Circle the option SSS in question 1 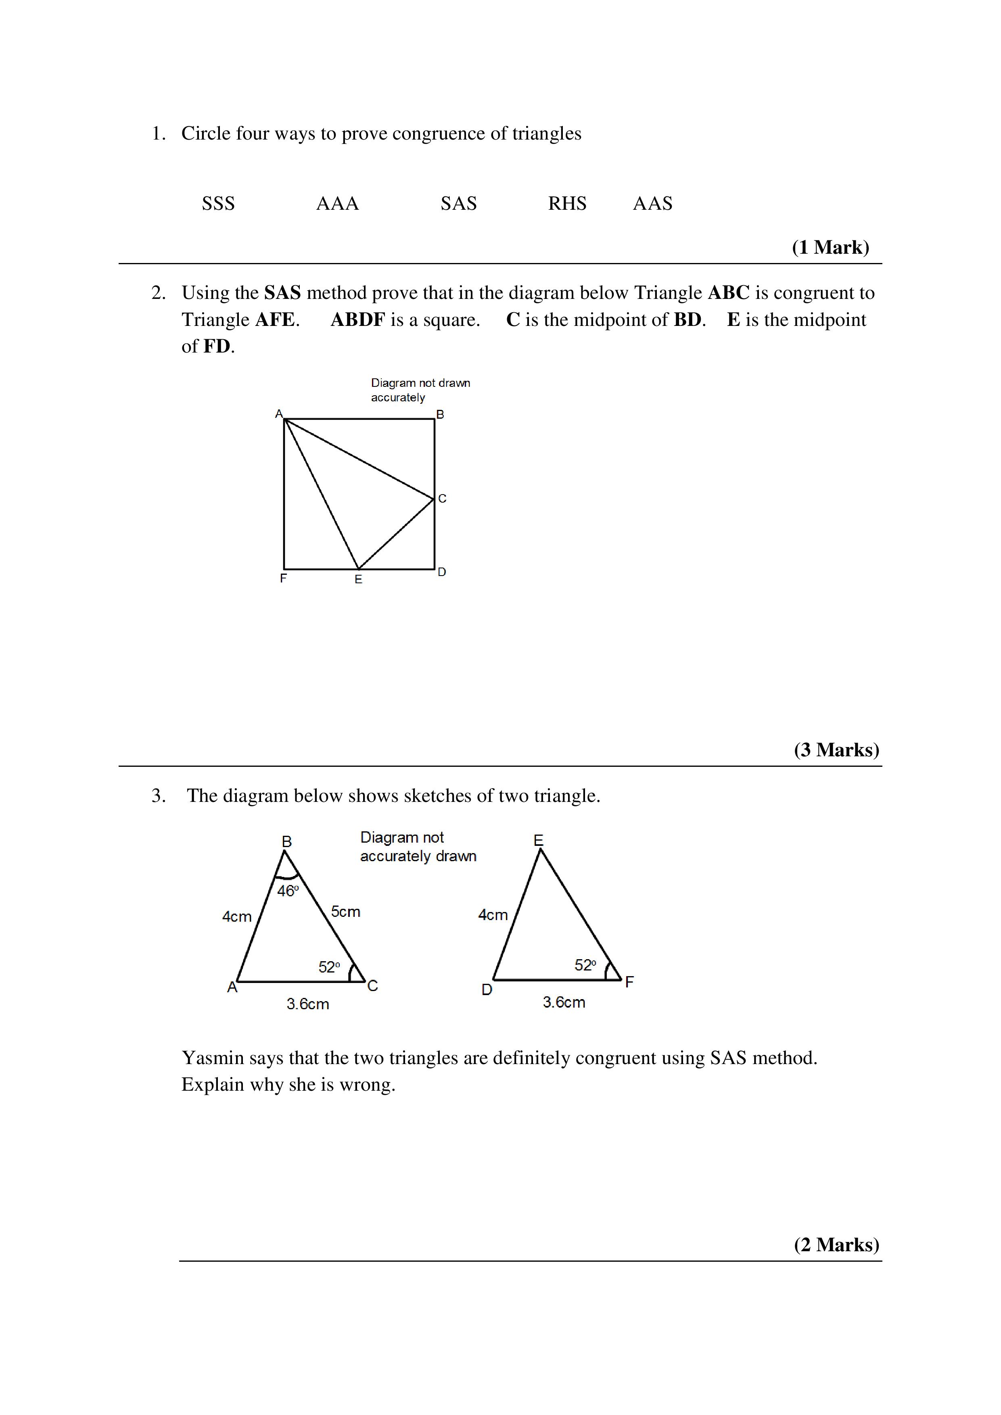click(x=218, y=203)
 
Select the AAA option click(x=337, y=203)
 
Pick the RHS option click(x=567, y=203)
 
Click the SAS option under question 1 click(x=459, y=203)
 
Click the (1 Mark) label click(x=830, y=247)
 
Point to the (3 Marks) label click(x=836, y=749)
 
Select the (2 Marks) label click(x=836, y=1244)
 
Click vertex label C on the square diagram click(x=442, y=498)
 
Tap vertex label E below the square click(x=358, y=579)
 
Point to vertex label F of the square click(x=284, y=578)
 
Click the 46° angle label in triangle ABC click(x=288, y=891)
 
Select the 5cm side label click(x=345, y=912)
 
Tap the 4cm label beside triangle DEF click(x=493, y=915)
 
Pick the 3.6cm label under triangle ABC click(x=307, y=1004)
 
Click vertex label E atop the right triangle click(x=538, y=840)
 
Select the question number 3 click(x=159, y=795)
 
